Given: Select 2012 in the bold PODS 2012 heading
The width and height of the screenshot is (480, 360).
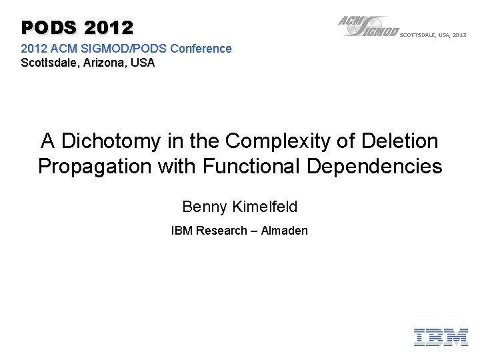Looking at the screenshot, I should pos(109,27).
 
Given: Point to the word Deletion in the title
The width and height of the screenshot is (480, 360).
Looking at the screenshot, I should pos(400,141).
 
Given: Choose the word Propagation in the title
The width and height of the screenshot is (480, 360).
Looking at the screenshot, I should pos(95,166).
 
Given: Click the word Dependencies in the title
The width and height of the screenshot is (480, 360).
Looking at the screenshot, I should pos(375,166).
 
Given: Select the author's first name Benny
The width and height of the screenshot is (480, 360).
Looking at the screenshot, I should pos(205,207).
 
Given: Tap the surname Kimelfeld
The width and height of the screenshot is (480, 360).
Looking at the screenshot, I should pos(265,207).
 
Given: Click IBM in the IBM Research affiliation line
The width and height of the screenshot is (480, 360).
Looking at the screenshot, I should pos(181,231).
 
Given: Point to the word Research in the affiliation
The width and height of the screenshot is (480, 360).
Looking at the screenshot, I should pos(221,231).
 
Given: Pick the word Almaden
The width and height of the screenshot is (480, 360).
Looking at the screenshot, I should pos(285,231).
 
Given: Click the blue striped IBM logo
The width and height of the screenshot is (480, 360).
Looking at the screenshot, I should pos(441,337).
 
